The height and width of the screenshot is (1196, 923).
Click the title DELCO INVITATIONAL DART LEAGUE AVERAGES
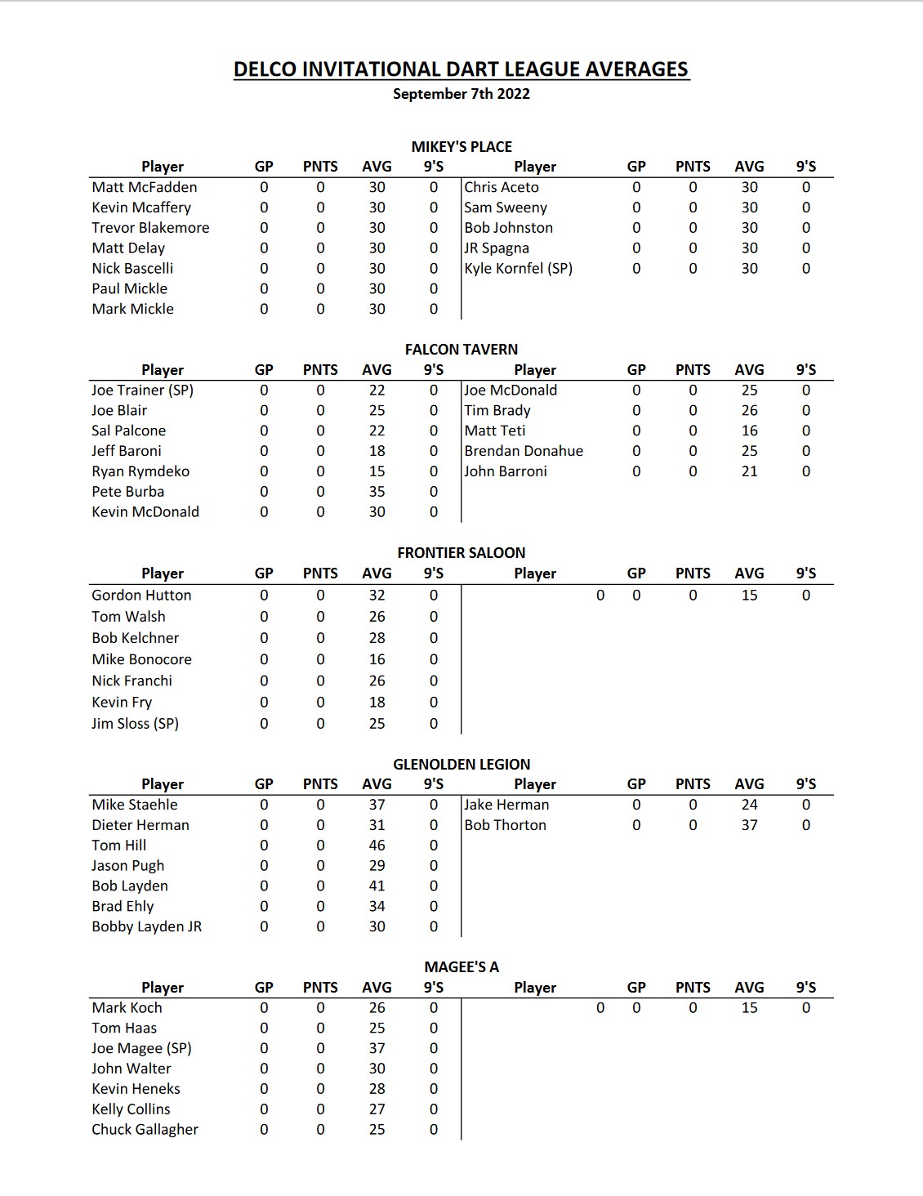[461, 69]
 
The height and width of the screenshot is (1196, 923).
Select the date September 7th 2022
[461, 94]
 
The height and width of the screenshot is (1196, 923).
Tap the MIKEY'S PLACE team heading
[461, 147]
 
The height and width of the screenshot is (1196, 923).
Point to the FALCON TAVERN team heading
[461, 350]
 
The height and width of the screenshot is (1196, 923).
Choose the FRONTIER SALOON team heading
[461, 553]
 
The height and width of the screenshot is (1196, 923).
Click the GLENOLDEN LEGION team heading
[461, 765]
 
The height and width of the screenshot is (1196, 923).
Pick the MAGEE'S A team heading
[461, 967]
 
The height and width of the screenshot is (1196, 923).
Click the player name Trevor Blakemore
[150, 228]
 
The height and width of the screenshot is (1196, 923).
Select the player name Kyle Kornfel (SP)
[519, 269]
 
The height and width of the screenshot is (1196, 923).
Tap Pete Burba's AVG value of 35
[377, 492]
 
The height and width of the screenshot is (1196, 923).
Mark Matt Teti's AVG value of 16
[749, 431]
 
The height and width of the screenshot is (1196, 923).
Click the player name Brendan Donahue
[524, 451]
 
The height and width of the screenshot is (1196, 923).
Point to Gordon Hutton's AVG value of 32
[377, 596]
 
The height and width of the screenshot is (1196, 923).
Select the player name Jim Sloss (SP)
[135, 724]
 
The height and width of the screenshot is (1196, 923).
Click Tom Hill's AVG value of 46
[377, 846]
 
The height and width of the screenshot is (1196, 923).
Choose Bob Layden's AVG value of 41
[377, 886]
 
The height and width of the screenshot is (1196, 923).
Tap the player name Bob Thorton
[506, 825]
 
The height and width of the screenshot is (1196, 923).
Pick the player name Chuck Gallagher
[145, 1130]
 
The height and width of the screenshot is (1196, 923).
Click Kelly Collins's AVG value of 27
[377, 1109]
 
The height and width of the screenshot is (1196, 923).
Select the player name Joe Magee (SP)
[141, 1048]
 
